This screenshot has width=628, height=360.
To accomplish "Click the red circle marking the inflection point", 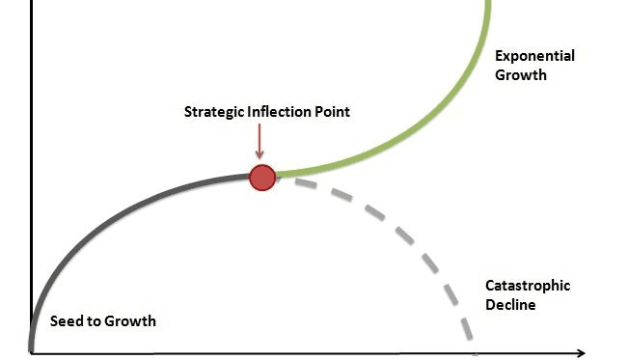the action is pos(262,177).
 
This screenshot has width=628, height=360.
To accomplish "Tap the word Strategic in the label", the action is pos(213,112).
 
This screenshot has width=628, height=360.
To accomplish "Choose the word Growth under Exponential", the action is pos(521,74).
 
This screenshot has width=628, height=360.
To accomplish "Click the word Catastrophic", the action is pos(527,286).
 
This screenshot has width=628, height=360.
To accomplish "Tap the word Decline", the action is pos(511,305).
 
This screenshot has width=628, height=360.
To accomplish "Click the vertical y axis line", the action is pos(31,145).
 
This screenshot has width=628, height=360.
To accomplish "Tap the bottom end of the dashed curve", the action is pos(470,338).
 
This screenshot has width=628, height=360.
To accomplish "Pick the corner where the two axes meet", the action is pos(31,353).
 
